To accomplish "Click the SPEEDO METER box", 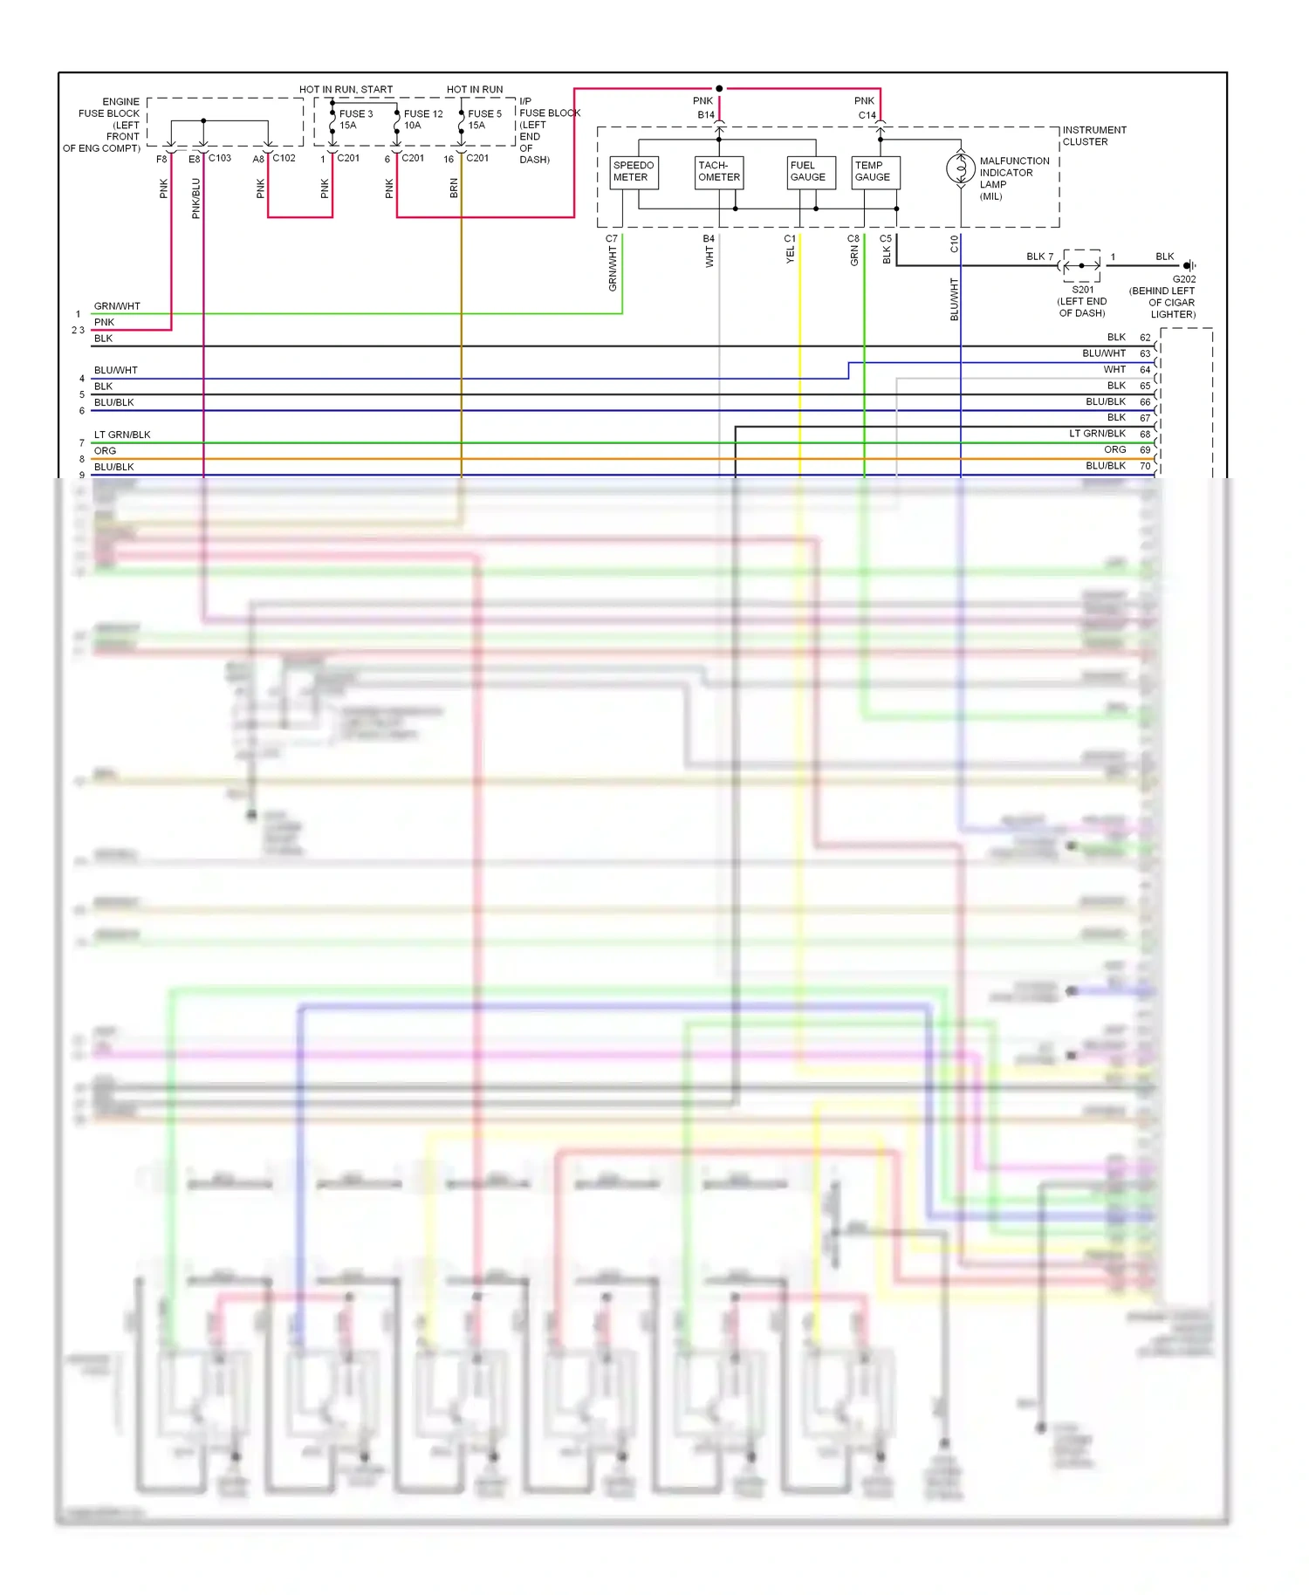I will tap(634, 172).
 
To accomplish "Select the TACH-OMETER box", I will tap(719, 172).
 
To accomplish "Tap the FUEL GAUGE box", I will tap(807, 172).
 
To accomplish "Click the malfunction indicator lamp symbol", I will tap(961, 168).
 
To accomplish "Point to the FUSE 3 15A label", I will tap(355, 120).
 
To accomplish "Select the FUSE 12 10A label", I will tap(422, 120).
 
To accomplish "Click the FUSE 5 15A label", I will tap(484, 120).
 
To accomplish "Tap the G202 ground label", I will tap(1183, 279).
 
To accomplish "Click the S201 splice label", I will tap(1082, 290).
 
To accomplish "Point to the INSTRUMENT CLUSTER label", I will tap(1093, 136).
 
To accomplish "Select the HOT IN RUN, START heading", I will tap(346, 90).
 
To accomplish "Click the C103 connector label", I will tap(220, 158).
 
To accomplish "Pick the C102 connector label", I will tap(284, 158).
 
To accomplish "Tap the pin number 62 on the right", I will tap(1145, 338).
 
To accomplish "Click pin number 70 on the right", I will tap(1145, 466).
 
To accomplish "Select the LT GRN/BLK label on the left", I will tap(122, 435).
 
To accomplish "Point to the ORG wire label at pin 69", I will tap(1114, 450).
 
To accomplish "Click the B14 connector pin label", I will tap(705, 115).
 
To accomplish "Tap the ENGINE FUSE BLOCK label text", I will tap(109, 125).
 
